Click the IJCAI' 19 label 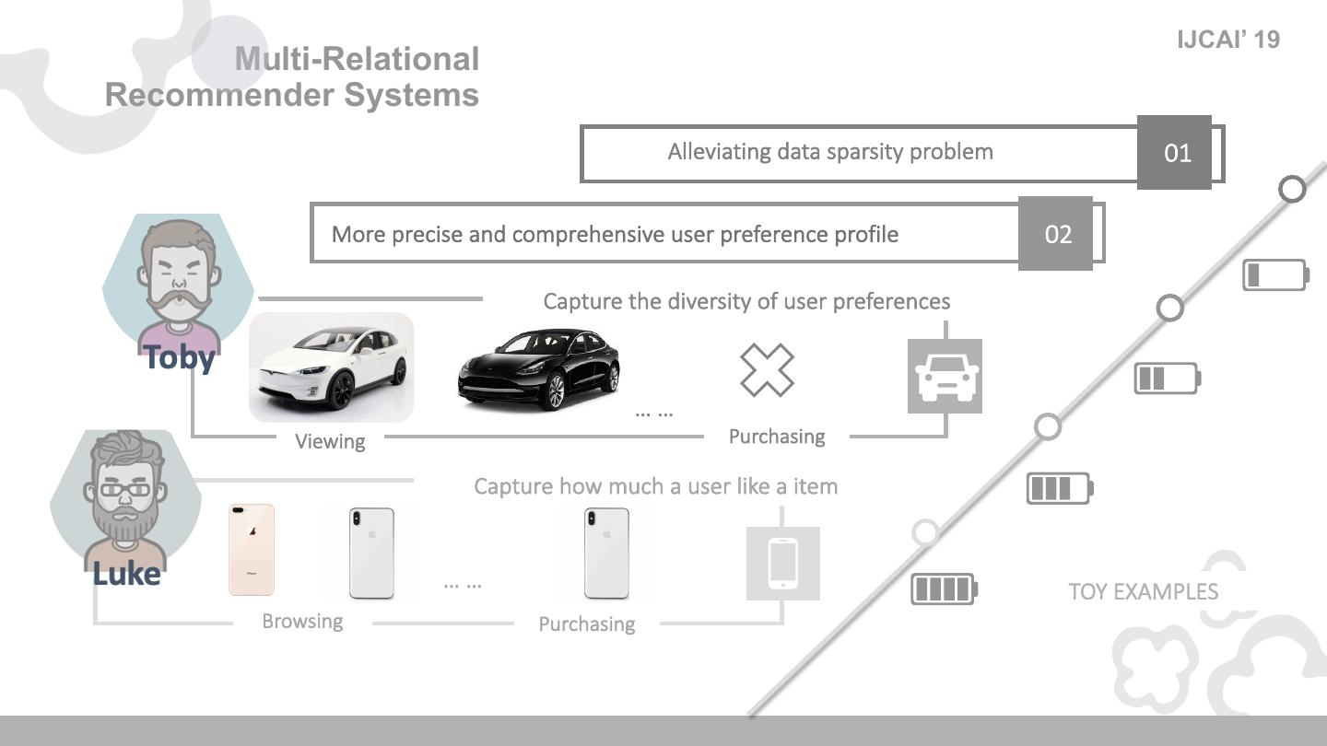click(x=1228, y=40)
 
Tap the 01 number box click(x=1175, y=153)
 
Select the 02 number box click(x=1056, y=234)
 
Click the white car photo click(x=332, y=367)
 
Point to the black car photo click(x=539, y=368)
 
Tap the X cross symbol click(x=767, y=370)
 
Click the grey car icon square click(x=945, y=376)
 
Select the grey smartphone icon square click(x=782, y=563)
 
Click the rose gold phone click(x=252, y=550)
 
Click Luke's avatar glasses click(x=125, y=490)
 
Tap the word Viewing click(x=330, y=441)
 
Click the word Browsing click(x=302, y=621)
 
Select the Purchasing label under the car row click(x=776, y=437)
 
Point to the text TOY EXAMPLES click(x=1143, y=591)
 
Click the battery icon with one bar click(x=1275, y=275)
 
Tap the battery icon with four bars click(x=944, y=589)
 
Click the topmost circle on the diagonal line click(x=1293, y=189)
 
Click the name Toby click(x=180, y=357)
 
